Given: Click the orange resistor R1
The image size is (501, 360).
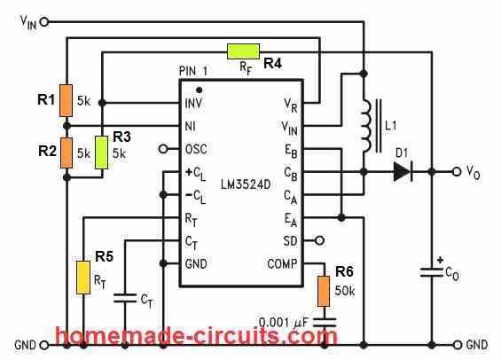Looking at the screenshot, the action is click(67, 100).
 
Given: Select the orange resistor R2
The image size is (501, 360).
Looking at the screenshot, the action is click(67, 153).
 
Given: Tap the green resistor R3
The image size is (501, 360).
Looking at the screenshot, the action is click(102, 153).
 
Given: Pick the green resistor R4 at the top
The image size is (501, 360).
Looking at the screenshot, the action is click(243, 51).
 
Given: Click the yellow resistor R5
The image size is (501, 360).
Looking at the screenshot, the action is click(83, 278).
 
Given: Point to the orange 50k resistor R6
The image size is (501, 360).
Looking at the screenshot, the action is click(324, 292).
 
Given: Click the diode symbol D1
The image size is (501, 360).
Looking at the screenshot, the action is click(403, 172).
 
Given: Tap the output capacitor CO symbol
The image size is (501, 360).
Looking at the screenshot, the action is click(431, 272).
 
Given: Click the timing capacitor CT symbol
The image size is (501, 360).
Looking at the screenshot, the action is click(125, 298).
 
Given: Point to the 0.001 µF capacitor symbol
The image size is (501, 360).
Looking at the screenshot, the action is click(325, 322).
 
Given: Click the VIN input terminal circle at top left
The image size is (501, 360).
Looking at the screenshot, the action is click(44, 21).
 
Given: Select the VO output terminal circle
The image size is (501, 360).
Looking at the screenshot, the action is click(457, 172).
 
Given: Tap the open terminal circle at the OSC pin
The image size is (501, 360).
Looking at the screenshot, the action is click(163, 149).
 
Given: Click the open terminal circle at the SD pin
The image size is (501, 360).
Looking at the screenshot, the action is click(319, 240).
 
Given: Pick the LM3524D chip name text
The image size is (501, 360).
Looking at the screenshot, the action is click(246, 184).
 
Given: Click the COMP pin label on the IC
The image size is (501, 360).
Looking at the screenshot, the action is click(282, 264).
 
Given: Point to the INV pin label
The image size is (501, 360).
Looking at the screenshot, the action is click(193, 103).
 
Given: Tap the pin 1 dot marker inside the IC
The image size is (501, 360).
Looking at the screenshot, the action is click(199, 90).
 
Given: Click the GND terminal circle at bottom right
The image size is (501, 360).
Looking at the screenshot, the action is click(458, 345).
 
